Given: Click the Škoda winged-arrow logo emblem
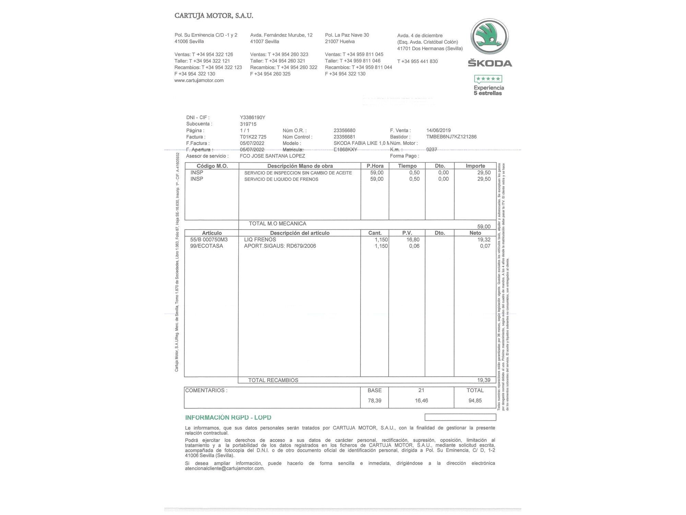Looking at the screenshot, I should pyautogui.click(x=489, y=37).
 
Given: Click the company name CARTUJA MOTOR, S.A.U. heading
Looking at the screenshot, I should pyautogui.click(x=214, y=16).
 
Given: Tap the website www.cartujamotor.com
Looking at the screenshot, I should pyautogui.click(x=199, y=80).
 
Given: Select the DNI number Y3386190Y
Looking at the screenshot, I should pyautogui.click(x=252, y=117).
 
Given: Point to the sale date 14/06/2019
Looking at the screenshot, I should pyautogui.click(x=438, y=130).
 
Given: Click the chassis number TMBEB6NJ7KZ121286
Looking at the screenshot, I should pyautogui.click(x=451, y=137).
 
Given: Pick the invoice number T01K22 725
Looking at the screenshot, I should pyautogui.click(x=253, y=137).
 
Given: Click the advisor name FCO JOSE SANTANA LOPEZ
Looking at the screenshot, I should pyautogui.click(x=272, y=156).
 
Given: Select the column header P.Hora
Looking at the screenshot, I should pyautogui.click(x=375, y=166).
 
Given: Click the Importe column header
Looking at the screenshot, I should pyautogui.click(x=475, y=166).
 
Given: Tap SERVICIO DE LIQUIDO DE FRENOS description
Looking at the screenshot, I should pyautogui.click(x=281, y=179).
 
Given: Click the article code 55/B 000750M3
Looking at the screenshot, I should pyautogui.click(x=209, y=240).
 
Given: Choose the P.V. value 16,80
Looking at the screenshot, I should pyautogui.click(x=413, y=240).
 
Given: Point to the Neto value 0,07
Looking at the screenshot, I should pyautogui.click(x=485, y=246).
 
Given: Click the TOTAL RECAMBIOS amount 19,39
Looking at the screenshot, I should pyautogui.click(x=484, y=380).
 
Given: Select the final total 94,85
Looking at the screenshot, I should pyautogui.click(x=475, y=401).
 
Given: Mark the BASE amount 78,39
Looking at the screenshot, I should pyautogui.click(x=375, y=401).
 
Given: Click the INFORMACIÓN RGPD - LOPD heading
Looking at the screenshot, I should pyautogui.click(x=228, y=417).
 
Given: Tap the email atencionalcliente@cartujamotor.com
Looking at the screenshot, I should pyautogui.click(x=225, y=468).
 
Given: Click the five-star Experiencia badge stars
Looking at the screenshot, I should pyautogui.click(x=488, y=79).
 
